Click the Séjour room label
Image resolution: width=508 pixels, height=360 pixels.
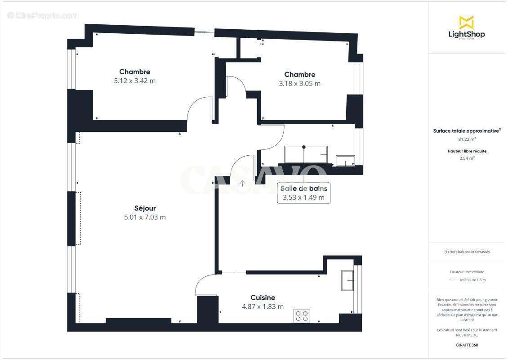pyautogui.click(x=145, y=208)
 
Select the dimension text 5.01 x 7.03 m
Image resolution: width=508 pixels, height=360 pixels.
pyautogui.click(x=145, y=217)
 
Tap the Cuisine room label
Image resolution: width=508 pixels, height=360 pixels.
pyautogui.click(x=263, y=297)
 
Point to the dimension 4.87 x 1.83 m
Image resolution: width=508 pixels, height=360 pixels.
pyautogui.click(x=263, y=306)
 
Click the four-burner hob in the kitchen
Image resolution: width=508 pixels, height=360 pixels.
pyautogui.click(x=301, y=316)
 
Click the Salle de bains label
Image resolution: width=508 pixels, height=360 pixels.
pyautogui.click(x=303, y=189)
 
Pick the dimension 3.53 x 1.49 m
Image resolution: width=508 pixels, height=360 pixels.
pyautogui.click(x=303, y=198)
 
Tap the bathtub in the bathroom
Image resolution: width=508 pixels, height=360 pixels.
pyautogui.click(x=306, y=154)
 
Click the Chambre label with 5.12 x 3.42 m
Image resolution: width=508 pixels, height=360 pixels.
pyautogui.click(x=134, y=72)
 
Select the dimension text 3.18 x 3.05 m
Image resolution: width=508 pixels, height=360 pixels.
pyautogui.click(x=299, y=84)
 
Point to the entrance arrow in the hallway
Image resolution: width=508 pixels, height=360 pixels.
pyautogui.click(x=242, y=183)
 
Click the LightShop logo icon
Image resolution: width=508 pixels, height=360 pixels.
pyautogui.click(x=466, y=22)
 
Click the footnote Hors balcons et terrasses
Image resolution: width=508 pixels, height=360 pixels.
pyautogui.click(x=467, y=252)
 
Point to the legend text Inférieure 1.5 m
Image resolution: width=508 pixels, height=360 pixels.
pyautogui.click(x=472, y=280)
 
